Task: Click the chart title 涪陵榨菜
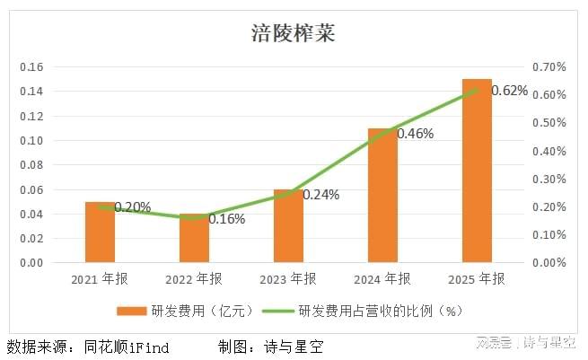pos(293,35)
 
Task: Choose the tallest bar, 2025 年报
pos(477,171)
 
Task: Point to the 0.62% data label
pos(510,91)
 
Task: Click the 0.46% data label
pos(415,134)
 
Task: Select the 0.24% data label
pos(320,194)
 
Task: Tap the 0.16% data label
pos(226,218)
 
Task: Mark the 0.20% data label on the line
pos(132,207)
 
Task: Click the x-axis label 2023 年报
pos(288,278)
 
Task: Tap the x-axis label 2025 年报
pos(477,278)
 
